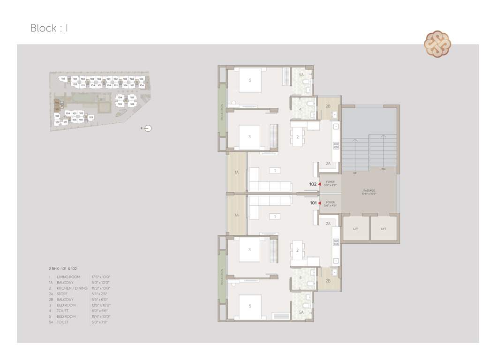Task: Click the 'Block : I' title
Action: tap(50, 28)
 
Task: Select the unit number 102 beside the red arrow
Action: tap(313, 184)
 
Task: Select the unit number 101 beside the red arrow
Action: tap(313, 203)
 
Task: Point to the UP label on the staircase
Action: tap(354, 173)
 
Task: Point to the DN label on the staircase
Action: tap(383, 169)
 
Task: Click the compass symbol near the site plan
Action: tap(148, 128)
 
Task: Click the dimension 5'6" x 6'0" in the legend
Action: tap(100, 300)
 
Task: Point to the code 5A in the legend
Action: tap(51, 322)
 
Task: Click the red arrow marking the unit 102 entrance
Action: tap(320, 184)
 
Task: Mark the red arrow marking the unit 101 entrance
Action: tap(320, 203)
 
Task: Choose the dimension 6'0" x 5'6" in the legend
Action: tap(100, 311)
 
